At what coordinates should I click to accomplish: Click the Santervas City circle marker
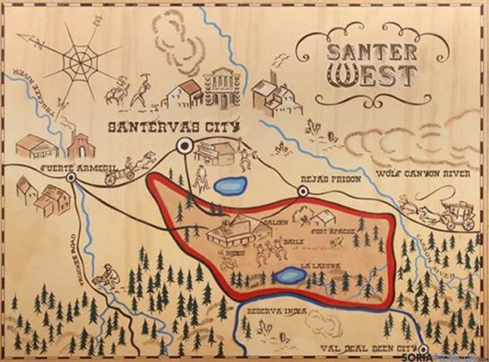pos(184,145)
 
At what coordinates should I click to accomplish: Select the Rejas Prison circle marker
pos(302,194)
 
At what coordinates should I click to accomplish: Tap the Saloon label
pos(278,222)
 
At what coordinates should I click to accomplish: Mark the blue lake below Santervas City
pos(227,184)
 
